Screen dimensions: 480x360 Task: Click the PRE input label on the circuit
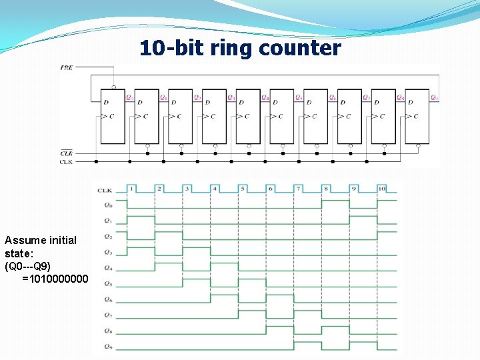[x=67, y=67]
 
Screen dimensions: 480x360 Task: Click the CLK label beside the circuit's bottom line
[x=67, y=161]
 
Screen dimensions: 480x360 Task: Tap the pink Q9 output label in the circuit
[x=434, y=97]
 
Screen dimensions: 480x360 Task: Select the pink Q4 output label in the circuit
[x=265, y=97]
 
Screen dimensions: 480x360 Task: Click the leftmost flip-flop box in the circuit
[x=112, y=116]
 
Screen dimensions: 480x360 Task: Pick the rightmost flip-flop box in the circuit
[x=417, y=116]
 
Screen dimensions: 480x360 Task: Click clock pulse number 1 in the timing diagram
[x=131, y=189]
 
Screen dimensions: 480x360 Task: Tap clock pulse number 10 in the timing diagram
[x=381, y=189]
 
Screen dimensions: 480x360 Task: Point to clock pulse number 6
[x=271, y=189]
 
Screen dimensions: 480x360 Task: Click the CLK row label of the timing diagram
[x=104, y=189]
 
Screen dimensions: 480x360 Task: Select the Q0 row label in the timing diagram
[x=108, y=205]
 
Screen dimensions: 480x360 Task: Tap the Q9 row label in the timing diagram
[x=108, y=347]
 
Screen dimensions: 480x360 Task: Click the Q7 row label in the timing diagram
[x=108, y=315]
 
